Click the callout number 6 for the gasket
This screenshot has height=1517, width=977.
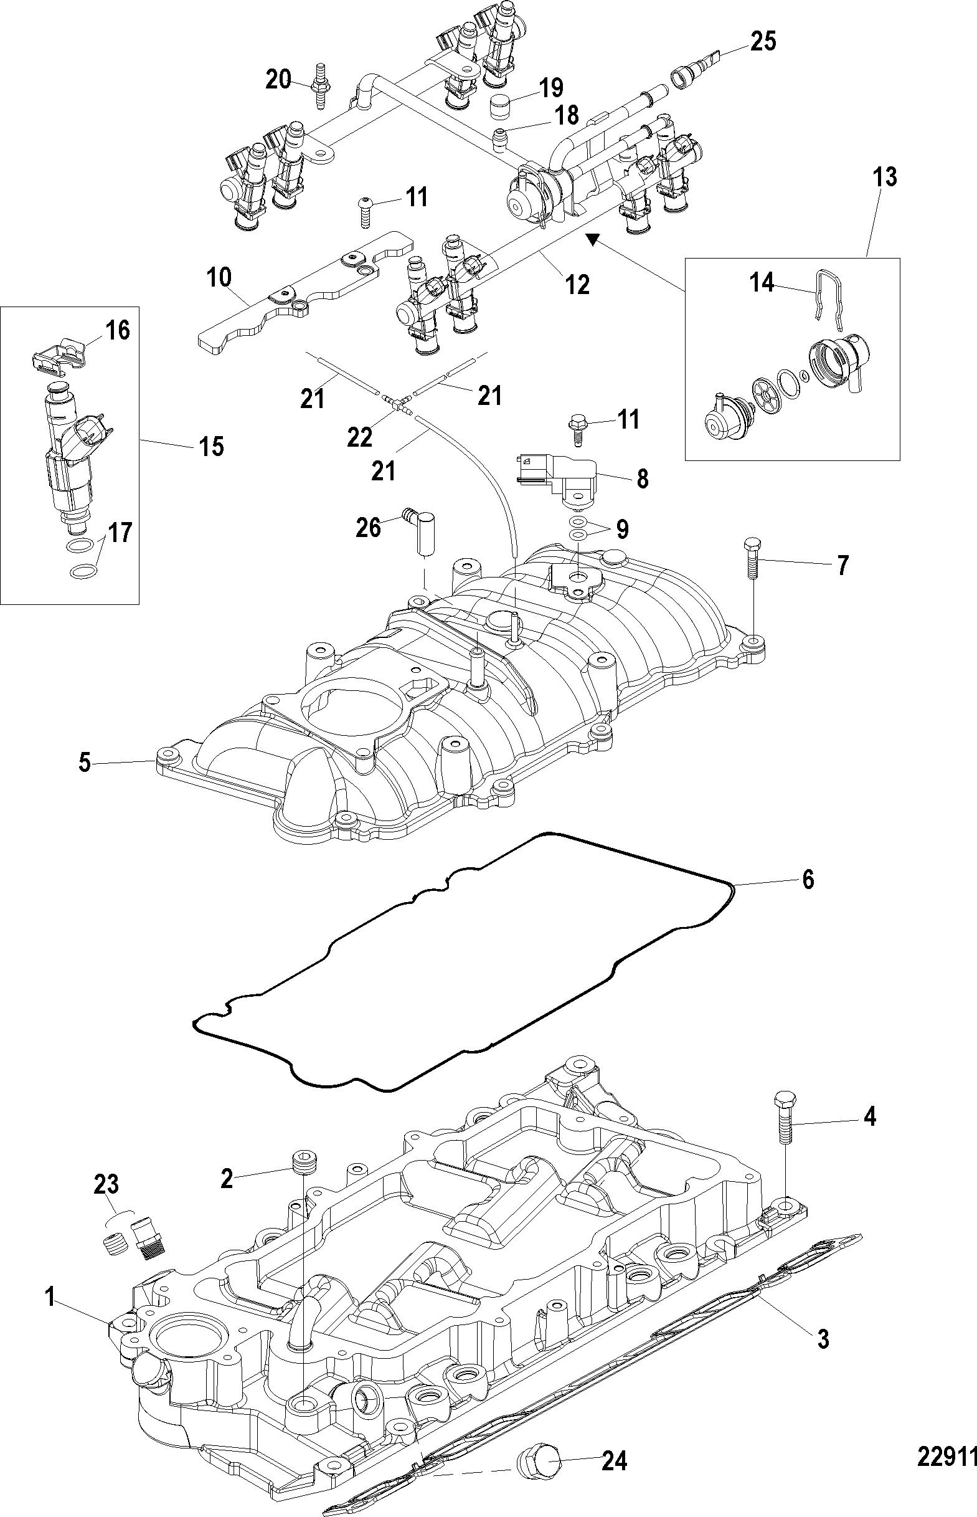(808, 880)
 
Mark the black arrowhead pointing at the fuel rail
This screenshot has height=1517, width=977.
(592, 239)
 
